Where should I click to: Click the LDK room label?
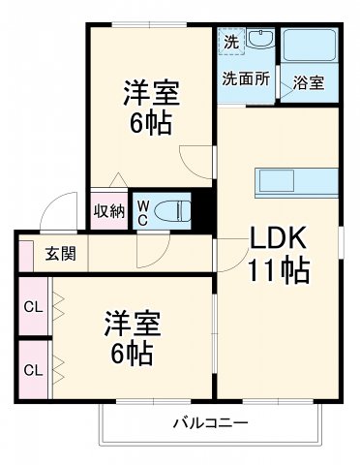pos(281,238)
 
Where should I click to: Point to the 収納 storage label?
pos(109,211)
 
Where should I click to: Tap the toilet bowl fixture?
pos(173,210)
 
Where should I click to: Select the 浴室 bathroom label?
pos(310,82)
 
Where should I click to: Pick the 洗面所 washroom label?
pos(245,77)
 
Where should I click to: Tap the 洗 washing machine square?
pos(230,43)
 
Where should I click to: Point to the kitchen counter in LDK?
pos(288,181)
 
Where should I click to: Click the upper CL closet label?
pos(32,307)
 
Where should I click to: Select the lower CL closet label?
pos(32,369)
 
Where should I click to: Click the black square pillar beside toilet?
pos(202,209)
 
